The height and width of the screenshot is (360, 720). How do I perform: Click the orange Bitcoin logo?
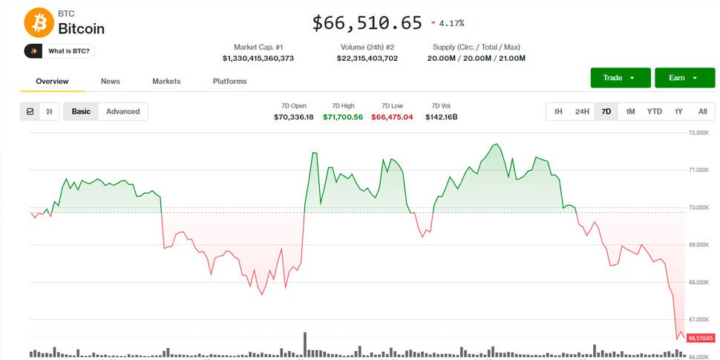click(39, 23)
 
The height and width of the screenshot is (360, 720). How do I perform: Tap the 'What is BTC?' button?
click(61, 51)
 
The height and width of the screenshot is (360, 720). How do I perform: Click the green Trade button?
click(621, 78)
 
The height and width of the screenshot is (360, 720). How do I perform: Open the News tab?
click(111, 81)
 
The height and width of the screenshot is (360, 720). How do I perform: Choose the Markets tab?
click(166, 81)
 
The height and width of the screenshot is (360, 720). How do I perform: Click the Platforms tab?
click(229, 81)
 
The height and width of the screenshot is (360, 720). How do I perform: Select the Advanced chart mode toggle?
click(122, 111)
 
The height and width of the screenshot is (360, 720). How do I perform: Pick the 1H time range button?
click(557, 111)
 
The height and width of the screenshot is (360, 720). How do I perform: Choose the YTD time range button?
click(654, 111)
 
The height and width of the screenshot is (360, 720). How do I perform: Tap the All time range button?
click(702, 111)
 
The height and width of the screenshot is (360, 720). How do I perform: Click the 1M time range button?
click(630, 111)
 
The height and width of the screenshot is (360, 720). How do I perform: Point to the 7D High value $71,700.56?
click(343, 117)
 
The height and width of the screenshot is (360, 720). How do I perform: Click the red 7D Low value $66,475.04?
click(392, 117)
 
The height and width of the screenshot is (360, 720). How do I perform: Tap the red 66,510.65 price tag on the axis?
click(701, 338)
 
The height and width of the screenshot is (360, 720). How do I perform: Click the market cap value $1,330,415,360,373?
click(258, 58)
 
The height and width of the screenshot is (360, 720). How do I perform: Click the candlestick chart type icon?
click(50, 111)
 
